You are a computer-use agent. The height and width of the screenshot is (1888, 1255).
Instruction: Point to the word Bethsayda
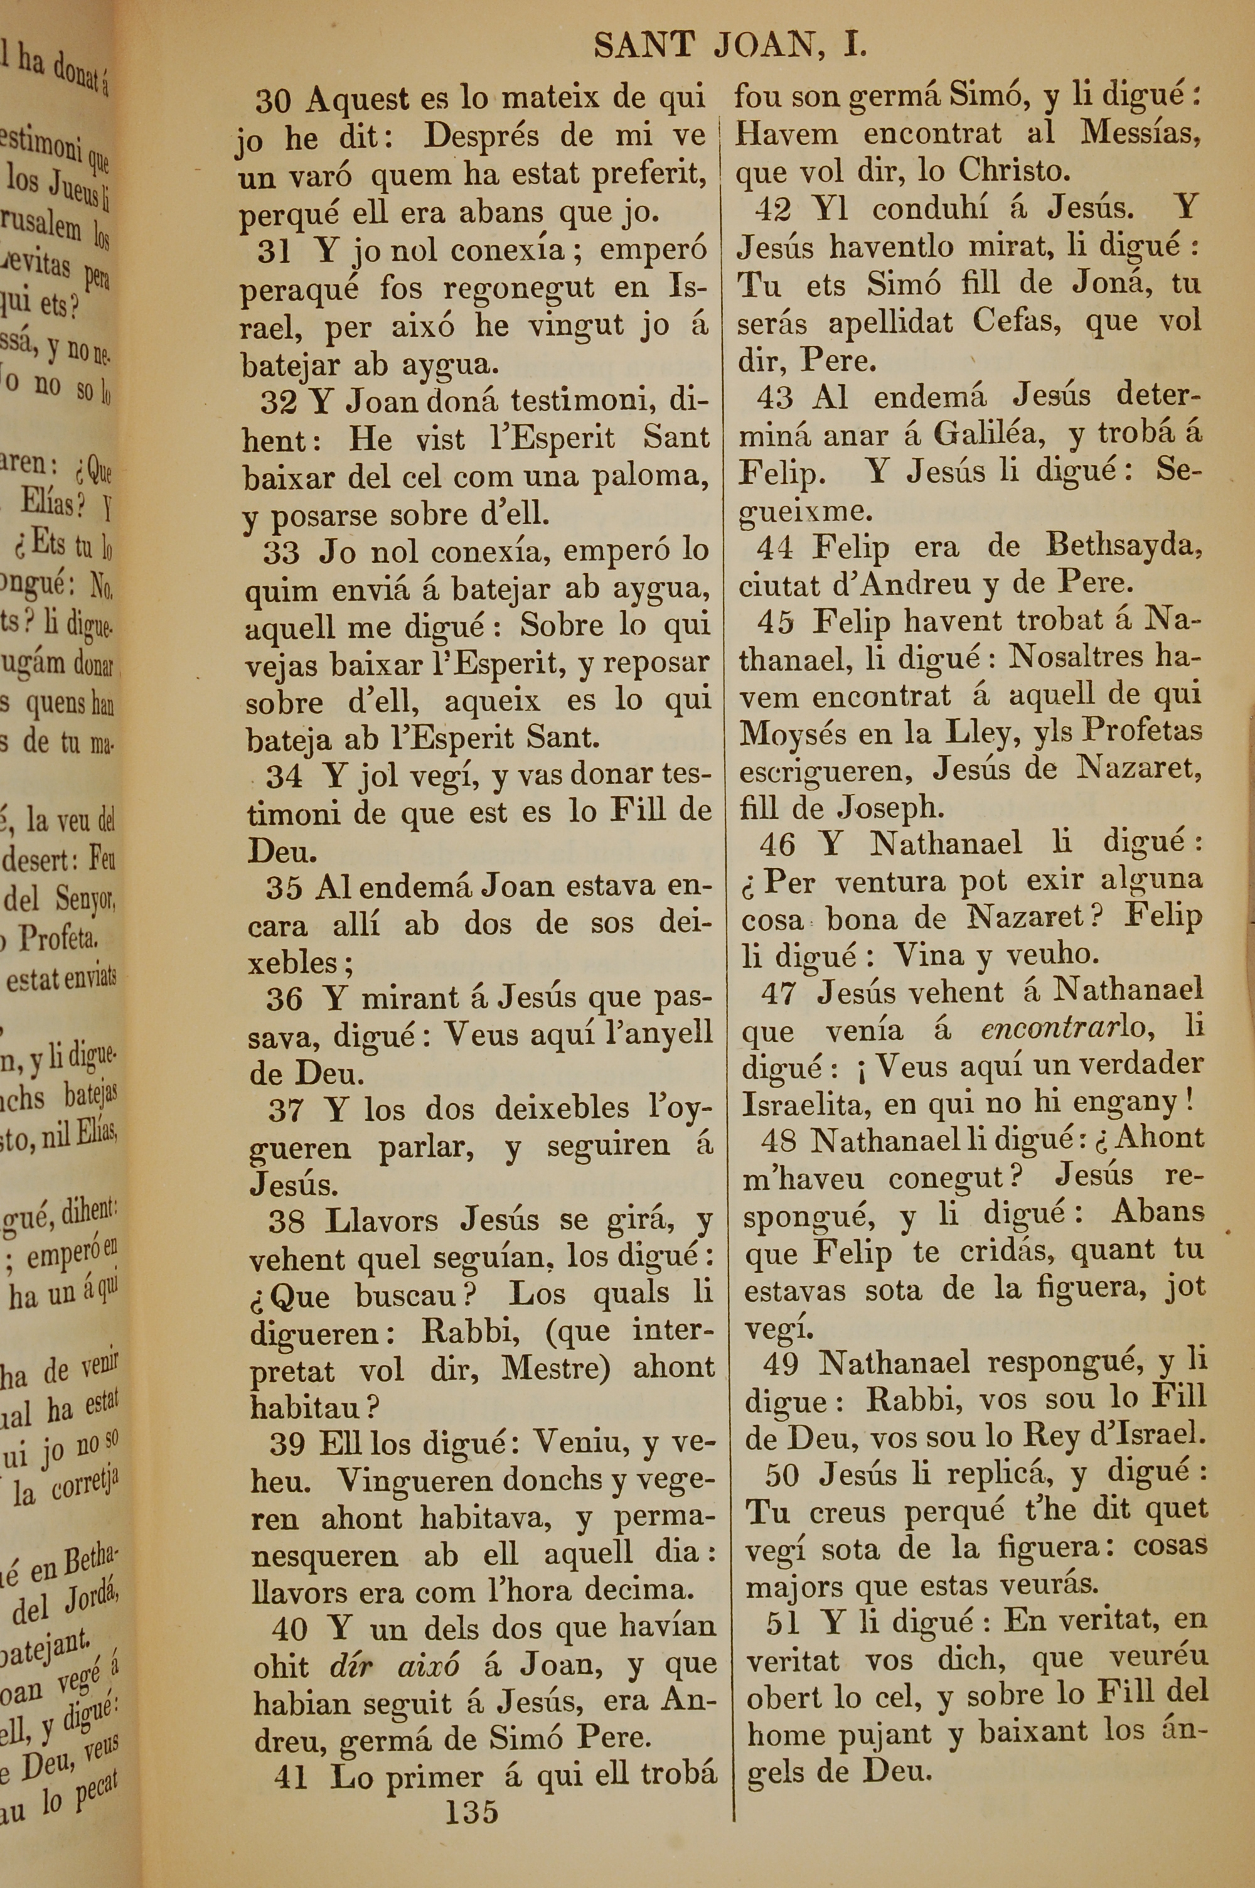1124,547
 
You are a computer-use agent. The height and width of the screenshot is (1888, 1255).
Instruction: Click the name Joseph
889,808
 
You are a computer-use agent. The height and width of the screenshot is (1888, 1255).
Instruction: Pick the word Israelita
808,1105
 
